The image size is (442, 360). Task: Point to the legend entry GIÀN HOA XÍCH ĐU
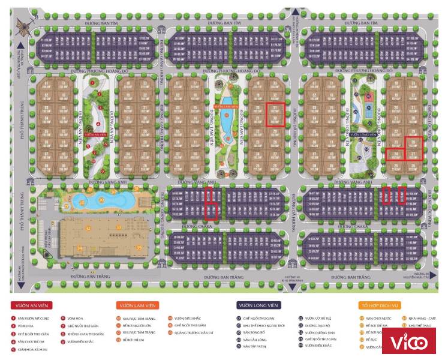coord(32,349)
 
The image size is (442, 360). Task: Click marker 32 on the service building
coord(88,229)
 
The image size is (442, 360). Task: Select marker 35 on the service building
coord(139,247)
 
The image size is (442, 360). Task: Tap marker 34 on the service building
coord(79,248)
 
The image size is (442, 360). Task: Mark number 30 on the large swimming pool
coord(102,200)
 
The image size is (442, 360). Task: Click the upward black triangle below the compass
coord(20,45)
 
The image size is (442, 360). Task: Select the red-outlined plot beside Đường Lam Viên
coord(275,114)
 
